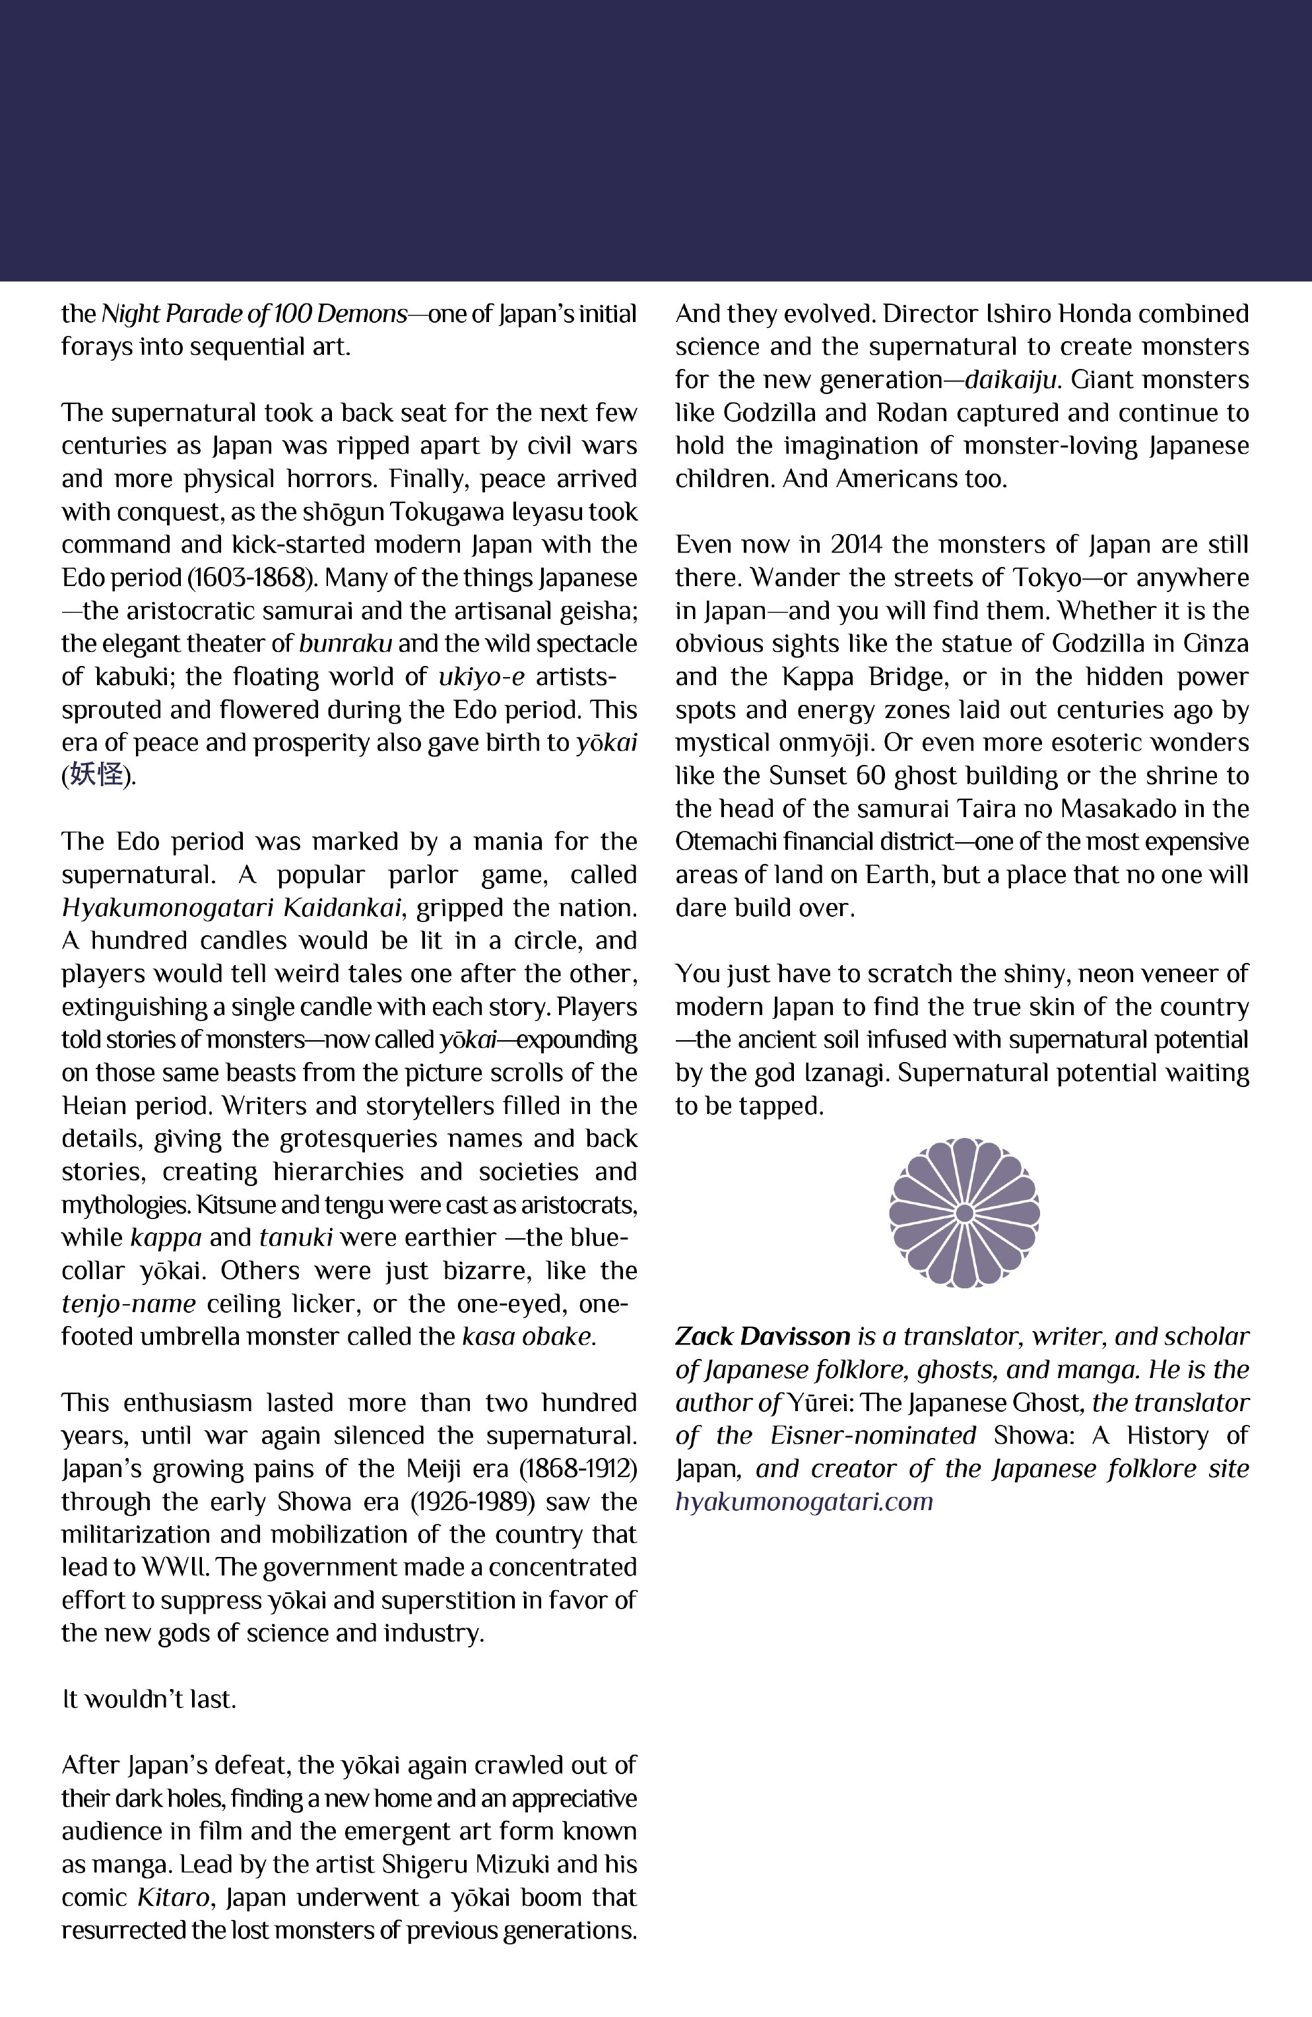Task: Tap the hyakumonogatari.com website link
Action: pos(803,1502)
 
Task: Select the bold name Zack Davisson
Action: pos(762,1337)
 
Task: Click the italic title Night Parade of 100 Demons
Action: pos(254,314)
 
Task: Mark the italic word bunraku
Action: pos(346,644)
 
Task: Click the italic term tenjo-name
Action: pos(128,1304)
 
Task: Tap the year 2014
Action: pos(859,545)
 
